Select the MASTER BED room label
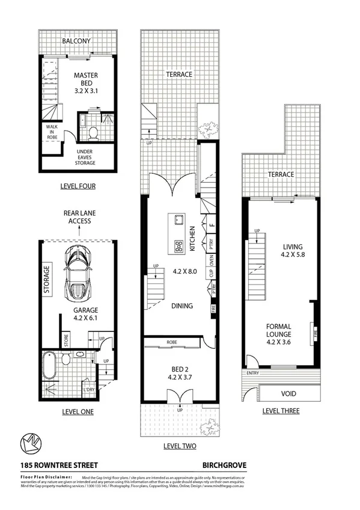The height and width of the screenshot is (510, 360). (x=86, y=81)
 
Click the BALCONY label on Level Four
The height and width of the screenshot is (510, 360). (x=76, y=41)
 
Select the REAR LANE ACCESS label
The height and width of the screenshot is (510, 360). (x=79, y=217)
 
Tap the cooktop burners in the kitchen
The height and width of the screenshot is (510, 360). (x=178, y=245)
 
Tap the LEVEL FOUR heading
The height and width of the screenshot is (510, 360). (x=78, y=186)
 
